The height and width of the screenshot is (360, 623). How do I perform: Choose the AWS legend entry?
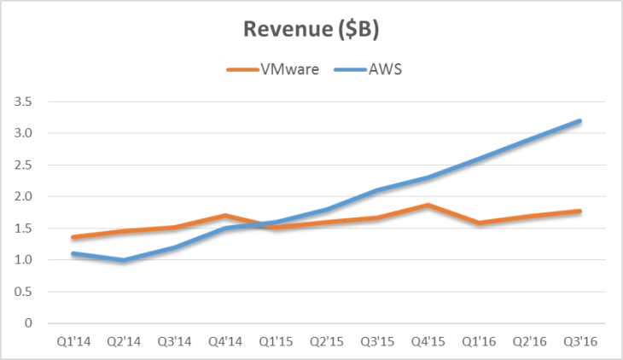[x=384, y=69]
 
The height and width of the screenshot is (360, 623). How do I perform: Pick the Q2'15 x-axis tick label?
[x=326, y=340]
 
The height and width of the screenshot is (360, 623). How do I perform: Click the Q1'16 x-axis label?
[x=479, y=340]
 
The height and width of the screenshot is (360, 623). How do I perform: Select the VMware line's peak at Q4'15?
[x=428, y=205]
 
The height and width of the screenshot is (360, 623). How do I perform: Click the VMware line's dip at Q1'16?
[x=479, y=224]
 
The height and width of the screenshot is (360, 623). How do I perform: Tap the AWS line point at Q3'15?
[x=377, y=190]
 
